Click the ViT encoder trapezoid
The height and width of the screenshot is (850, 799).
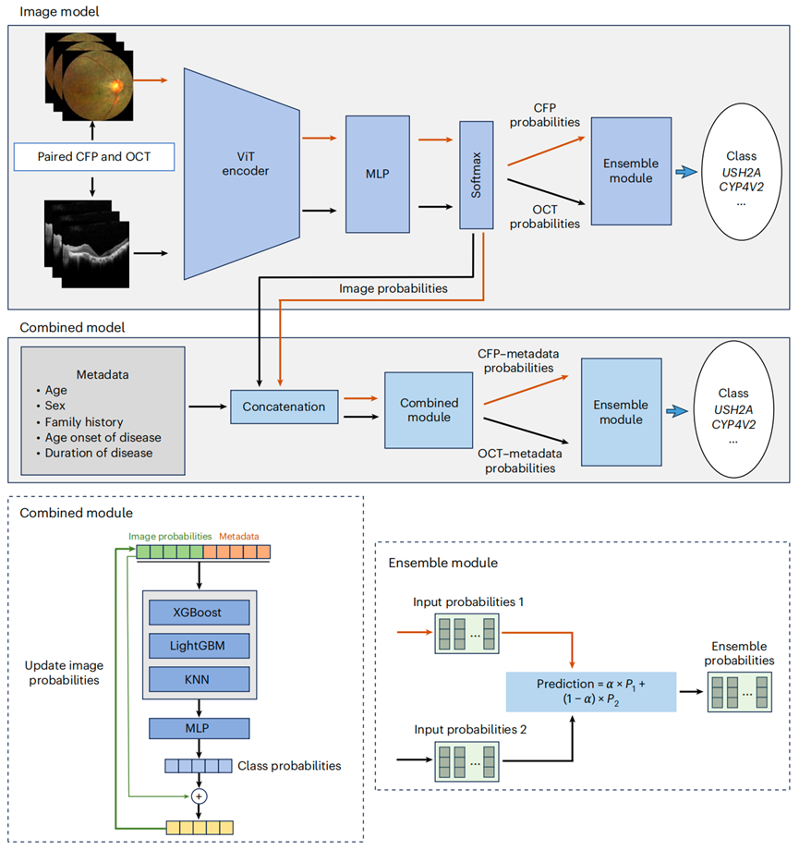point(242,174)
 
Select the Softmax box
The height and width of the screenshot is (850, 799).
point(477,176)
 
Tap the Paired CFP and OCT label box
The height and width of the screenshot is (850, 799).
point(94,157)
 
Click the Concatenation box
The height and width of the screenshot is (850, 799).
point(284,407)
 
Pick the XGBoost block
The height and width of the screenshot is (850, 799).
point(199,613)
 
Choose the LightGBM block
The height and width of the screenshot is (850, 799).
point(199,646)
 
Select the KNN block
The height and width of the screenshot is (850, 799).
point(199,679)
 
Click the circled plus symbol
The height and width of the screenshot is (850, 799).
point(199,796)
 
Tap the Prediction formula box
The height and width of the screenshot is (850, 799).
point(591,692)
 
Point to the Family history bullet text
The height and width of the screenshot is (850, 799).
point(84,421)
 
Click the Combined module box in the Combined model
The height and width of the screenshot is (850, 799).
point(429,410)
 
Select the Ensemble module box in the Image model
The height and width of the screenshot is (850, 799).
point(631,171)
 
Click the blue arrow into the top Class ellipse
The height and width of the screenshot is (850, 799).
point(686,173)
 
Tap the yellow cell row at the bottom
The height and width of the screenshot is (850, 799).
point(200,828)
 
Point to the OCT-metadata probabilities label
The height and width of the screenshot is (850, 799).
point(520,461)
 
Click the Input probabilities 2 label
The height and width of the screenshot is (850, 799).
point(470,730)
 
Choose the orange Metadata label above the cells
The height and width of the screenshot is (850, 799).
point(239,536)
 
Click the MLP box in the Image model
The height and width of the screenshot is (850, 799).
point(377,174)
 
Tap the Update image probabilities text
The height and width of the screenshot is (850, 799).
point(64,673)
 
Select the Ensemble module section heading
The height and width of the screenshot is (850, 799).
point(442,563)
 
